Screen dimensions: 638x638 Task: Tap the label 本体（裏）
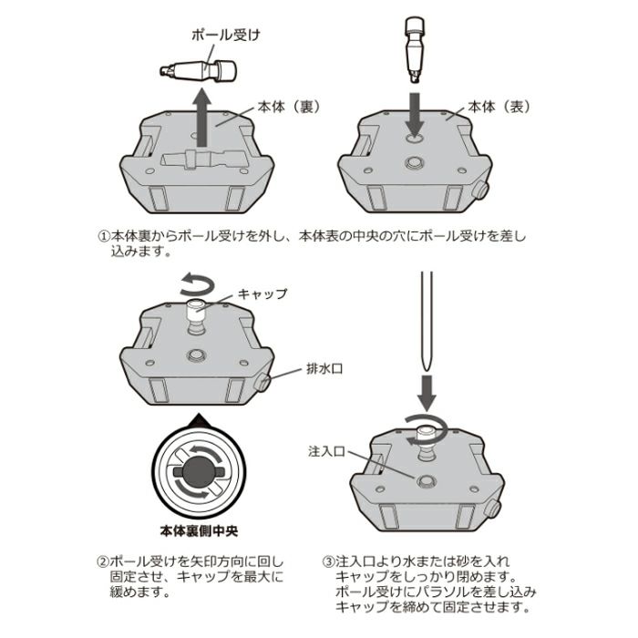click(x=287, y=106)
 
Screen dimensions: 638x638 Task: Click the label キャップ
click(x=262, y=293)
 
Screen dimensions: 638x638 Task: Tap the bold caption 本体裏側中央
click(x=201, y=528)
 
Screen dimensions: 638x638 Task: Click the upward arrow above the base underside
click(x=204, y=114)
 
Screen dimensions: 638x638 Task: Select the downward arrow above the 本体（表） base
click(x=415, y=114)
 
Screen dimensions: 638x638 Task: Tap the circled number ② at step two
click(x=102, y=561)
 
